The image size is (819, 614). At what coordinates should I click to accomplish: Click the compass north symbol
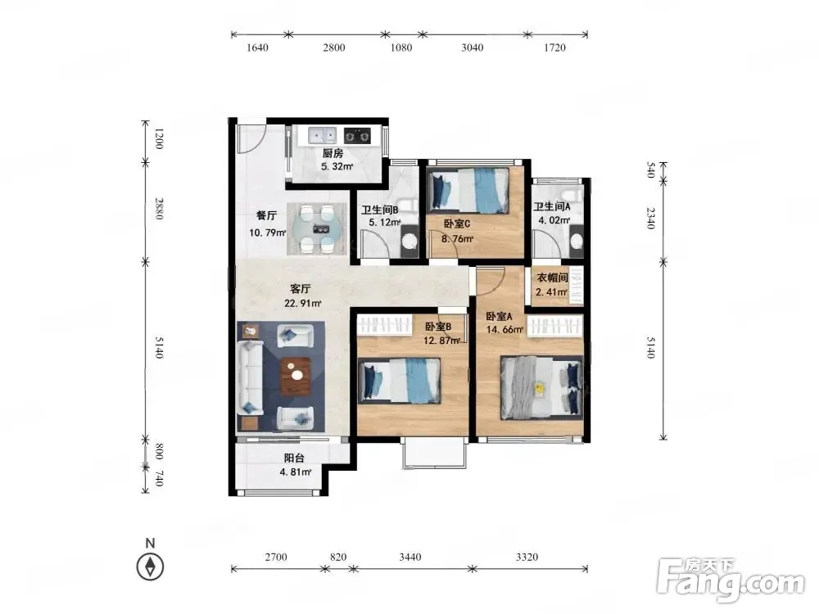150,566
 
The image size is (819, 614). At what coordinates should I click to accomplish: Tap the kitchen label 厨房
333,154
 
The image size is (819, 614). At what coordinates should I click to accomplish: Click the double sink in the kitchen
322,136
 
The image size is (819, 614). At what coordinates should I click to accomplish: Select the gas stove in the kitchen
357,136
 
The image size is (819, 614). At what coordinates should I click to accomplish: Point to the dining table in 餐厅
317,228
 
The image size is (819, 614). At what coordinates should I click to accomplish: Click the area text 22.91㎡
303,303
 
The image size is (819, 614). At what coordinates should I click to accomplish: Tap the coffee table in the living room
296,376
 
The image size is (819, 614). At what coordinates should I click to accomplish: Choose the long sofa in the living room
250,377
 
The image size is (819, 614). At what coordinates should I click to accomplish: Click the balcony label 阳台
294,458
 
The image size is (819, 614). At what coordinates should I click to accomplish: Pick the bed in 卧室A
541,387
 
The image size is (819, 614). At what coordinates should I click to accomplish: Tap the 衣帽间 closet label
553,278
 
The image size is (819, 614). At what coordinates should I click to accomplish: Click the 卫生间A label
551,207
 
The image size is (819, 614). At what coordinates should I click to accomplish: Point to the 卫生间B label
380,210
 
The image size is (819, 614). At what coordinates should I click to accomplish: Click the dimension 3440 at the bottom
410,557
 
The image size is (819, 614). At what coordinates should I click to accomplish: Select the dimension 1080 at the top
401,47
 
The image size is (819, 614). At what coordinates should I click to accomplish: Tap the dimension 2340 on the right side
651,218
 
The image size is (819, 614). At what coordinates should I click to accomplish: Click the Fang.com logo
731,580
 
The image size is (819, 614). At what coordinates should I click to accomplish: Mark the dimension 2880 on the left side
160,208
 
